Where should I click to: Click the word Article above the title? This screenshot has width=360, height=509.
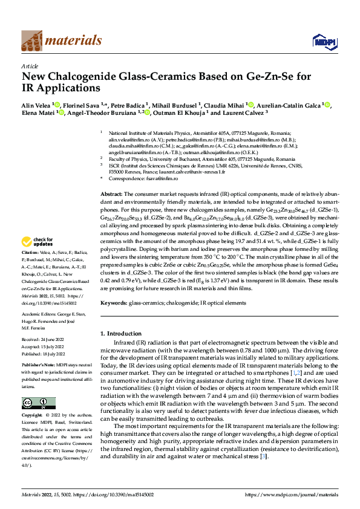pos(30,66)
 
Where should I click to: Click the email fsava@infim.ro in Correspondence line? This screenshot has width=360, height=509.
pos(157,179)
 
